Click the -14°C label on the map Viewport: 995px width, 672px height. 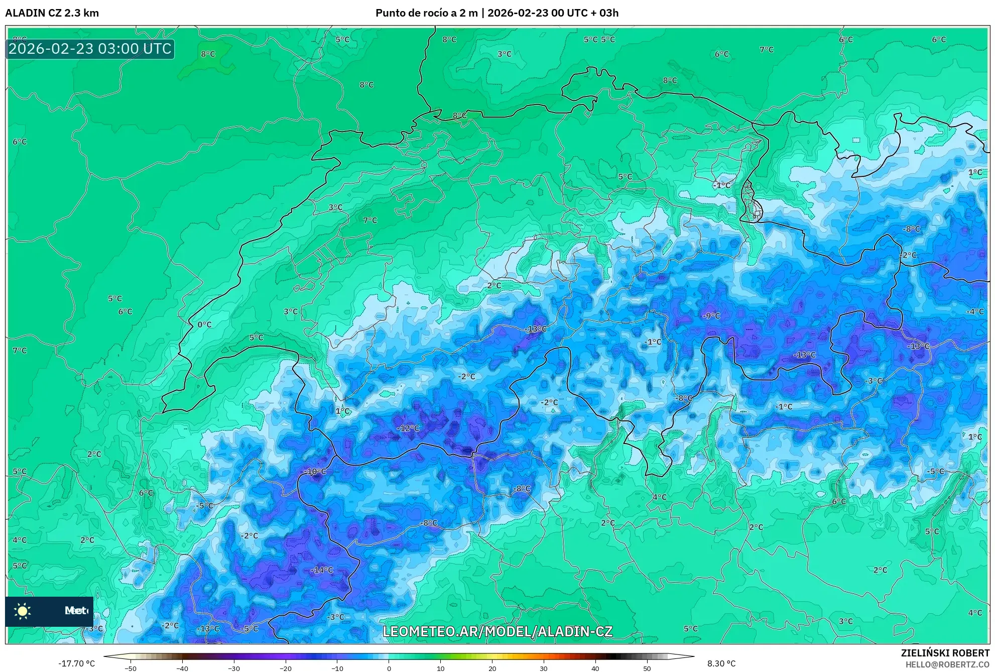pyautogui.click(x=322, y=570)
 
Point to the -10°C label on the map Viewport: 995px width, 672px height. pyautogui.click(x=315, y=472)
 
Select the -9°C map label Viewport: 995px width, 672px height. pyautogui.click(x=711, y=316)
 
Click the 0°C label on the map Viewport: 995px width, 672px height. pyautogui.click(x=204, y=325)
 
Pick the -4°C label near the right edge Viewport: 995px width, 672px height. pyautogui.click(x=975, y=312)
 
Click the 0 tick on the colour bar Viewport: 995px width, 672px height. pyautogui.click(x=389, y=668)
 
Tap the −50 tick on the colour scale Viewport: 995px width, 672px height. pyautogui.click(x=131, y=668)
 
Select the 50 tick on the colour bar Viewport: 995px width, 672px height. pyautogui.click(x=647, y=668)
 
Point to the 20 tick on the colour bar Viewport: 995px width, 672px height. pyautogui.click(x=492, y=668)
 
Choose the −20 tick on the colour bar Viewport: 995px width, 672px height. pyautogui.click(x=286, y=668)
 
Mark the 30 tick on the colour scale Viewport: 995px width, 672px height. pyautogui.click(x=544, y=668)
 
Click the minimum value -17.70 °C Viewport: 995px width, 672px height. pyautogui.click(x=76, y=663)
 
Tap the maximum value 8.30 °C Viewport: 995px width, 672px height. pyautogui.click(x=721, y=663)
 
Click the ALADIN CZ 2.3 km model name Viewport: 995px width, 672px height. pyautogui.click(x=52, y=13)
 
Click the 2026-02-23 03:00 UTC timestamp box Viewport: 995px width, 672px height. pyautogui.click(x=90, y=49)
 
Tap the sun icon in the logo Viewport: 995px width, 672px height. pyautogui.click(x=23, y=611)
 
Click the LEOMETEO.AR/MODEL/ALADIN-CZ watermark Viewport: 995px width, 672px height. pyautogui.click(x=497, y=631)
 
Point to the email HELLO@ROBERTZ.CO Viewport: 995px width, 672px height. pyautogui.click(x=947, y=664)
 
